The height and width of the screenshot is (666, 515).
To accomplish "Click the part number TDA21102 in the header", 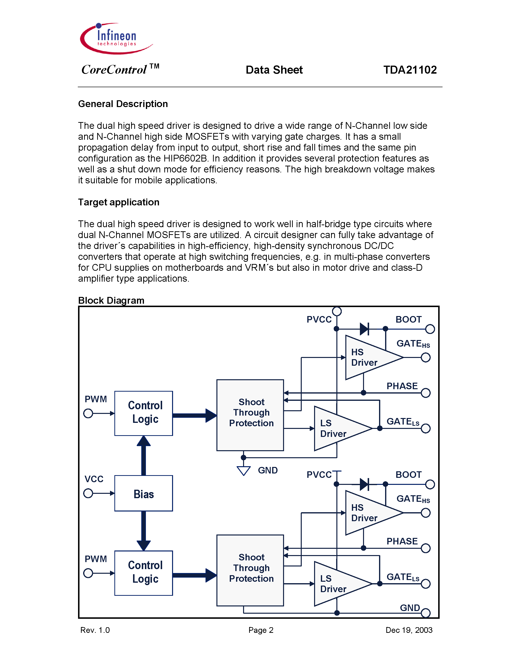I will pos(410,70).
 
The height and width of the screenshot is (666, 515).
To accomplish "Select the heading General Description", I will pos(123,104).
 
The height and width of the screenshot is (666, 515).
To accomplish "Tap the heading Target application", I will pos(119,202).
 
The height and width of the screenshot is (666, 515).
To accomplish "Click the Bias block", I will pos(143,493).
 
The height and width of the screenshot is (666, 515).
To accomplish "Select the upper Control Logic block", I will pos(143,413).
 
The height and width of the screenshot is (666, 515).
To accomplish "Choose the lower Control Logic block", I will pos(143,573).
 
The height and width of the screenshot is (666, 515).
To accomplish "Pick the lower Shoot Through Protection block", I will pos(250,570).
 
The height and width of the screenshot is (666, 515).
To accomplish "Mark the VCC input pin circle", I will pos(88,493).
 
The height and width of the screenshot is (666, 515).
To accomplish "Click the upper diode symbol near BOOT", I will pos(364,329).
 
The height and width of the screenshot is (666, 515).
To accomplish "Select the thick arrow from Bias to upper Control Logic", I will pos(143,455).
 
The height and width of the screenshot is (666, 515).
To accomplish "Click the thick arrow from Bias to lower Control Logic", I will pos(143,531).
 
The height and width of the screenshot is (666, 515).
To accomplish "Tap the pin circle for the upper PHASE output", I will pos(425,393).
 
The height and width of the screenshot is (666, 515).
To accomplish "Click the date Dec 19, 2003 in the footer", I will pos(409,630).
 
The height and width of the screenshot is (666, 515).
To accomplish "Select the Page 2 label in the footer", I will pos(261,630).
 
